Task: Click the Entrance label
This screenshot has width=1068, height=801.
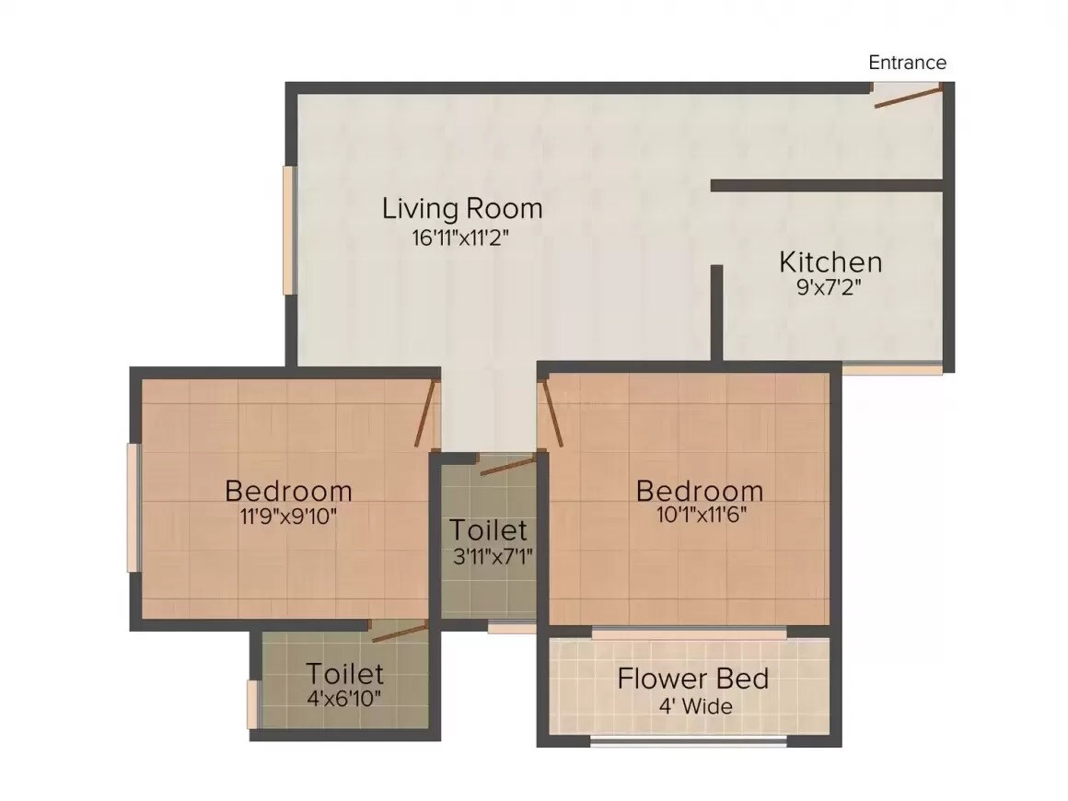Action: coord(907,63)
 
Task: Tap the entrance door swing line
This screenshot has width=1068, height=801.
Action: coord(908,97)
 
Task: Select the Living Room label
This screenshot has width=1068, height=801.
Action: coord(462,208)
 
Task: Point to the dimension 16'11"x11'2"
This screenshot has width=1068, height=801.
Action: coord(460,238)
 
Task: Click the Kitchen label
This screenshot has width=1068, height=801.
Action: coord(830,261)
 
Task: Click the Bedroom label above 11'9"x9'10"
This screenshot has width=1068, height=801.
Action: coord(288,490)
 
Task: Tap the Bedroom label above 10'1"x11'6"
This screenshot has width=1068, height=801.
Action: coord(700,490)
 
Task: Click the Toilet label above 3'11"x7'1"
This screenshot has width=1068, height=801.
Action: coord(488,530)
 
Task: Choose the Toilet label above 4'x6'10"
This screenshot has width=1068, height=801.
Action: coord(345,672)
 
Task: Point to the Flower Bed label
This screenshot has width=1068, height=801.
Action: coord(692,679)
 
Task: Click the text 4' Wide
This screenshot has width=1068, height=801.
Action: coord(695,707)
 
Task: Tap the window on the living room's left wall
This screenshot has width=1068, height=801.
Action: coord(289,230)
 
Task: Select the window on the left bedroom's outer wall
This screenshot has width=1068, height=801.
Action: coord(133,507)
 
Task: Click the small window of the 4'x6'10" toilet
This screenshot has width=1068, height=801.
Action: coord(252,703)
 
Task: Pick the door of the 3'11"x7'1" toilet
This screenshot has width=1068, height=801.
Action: coord(507,465)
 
